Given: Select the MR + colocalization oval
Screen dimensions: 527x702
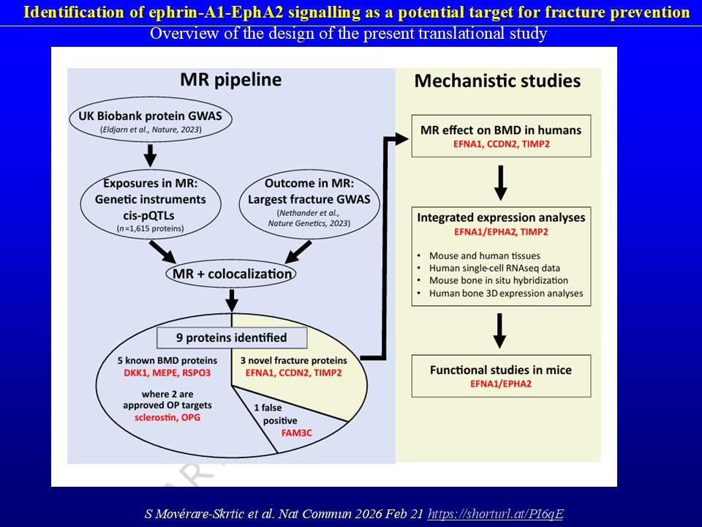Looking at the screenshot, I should coord(231,274).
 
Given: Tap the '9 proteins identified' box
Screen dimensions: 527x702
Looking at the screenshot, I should coord(231,337).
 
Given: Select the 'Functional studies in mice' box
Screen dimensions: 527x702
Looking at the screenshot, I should coord(500,375).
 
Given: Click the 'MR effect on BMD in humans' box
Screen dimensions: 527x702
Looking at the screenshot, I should coord(500,135).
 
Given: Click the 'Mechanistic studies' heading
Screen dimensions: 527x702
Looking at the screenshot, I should coord(498,81).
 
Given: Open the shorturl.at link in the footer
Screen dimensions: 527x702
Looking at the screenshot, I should coord(495,514).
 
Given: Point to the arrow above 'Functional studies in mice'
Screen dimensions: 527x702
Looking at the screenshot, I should coord(500,331).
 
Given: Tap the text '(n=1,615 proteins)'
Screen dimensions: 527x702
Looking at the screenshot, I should coord(150,228).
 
